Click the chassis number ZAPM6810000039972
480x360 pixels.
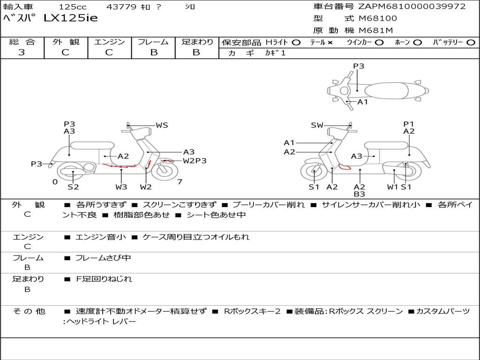(x=412, y=7)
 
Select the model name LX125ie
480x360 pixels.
(x=71, y=18)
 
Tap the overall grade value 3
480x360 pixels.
(x=22, y=52)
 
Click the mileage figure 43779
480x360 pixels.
(x=121, y=7)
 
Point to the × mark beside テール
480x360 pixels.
(x=330, y=43)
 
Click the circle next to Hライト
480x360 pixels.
(x=296, y=43)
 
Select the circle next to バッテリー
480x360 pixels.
(x=471, y=43)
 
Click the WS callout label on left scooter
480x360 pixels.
(x=162, y=125)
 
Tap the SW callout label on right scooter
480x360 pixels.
(x=317, y=125)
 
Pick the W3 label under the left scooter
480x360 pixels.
(x=121, y=187)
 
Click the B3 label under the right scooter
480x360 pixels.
(x=360, y=194)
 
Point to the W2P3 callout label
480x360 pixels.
(x=195, y=161)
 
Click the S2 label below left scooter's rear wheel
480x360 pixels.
(x=73, y=187)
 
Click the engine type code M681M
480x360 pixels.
(x=375, y=30)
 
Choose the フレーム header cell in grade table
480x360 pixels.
(x=153, y=42)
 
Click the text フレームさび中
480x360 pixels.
(x=103, y=258)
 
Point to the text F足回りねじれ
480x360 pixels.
(x=104, y=279)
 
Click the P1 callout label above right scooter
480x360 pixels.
(x=409, y=124)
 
